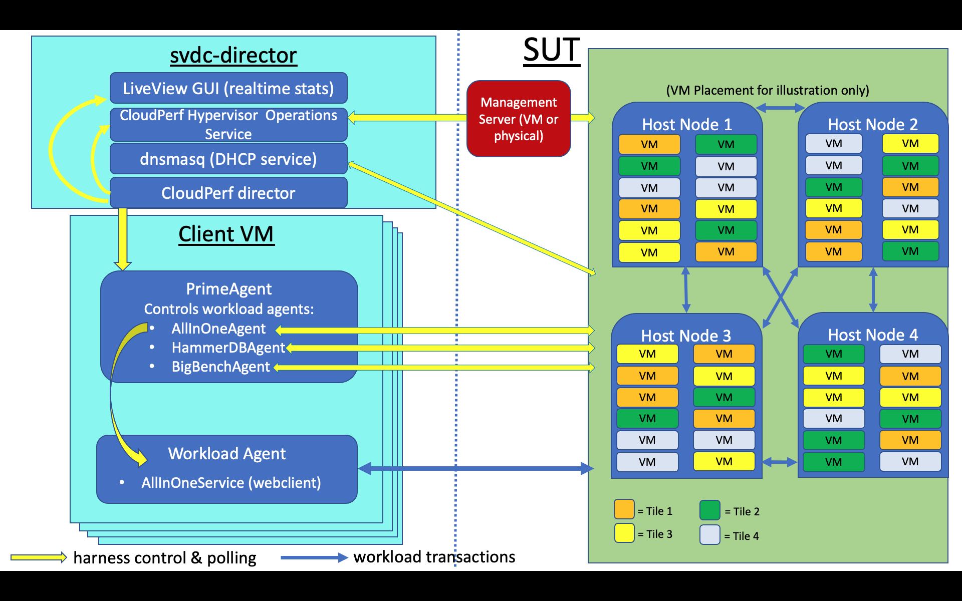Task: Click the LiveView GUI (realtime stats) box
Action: pos(228,88)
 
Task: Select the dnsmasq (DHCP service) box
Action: pos(228,159)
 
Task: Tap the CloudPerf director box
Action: pos(228,193)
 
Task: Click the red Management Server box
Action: pos(519,119)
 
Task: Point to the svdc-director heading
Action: pos(233,55)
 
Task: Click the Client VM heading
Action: pos(226,234)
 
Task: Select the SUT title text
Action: pos(551,50)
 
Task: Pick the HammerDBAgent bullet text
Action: pos(228,348)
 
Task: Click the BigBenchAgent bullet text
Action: pos(220,367)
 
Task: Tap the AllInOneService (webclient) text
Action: pos(231,483)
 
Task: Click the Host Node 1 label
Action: pos(687,124)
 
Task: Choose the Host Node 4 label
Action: pos(873,335)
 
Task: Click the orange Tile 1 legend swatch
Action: pos(624,509)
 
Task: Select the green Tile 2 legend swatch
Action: pos(710,510)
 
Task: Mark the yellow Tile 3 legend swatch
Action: pos(624,533)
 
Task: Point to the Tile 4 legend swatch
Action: pos(710,534)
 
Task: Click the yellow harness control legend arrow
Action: pos(39,557)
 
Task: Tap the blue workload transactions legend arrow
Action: pos(314,557)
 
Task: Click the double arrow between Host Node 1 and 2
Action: pos(780,108)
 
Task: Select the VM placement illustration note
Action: pos(768,90)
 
